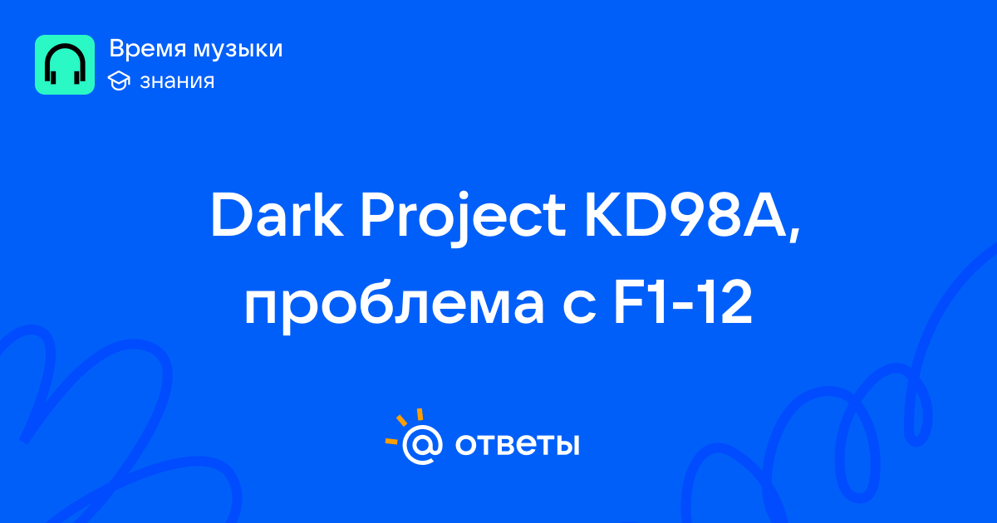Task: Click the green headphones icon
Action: point(65,65)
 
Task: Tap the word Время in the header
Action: point(147,49)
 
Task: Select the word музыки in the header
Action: point(238,50)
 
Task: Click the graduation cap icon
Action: point(119,81)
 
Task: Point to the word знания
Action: point(177,81)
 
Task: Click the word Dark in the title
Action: point(277,215)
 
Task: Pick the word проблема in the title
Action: point(394,305)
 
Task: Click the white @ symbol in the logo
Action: point(422,444)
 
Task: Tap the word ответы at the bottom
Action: point(517,444)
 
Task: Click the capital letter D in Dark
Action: point(233,215)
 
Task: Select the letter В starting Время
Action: point(117,49)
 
